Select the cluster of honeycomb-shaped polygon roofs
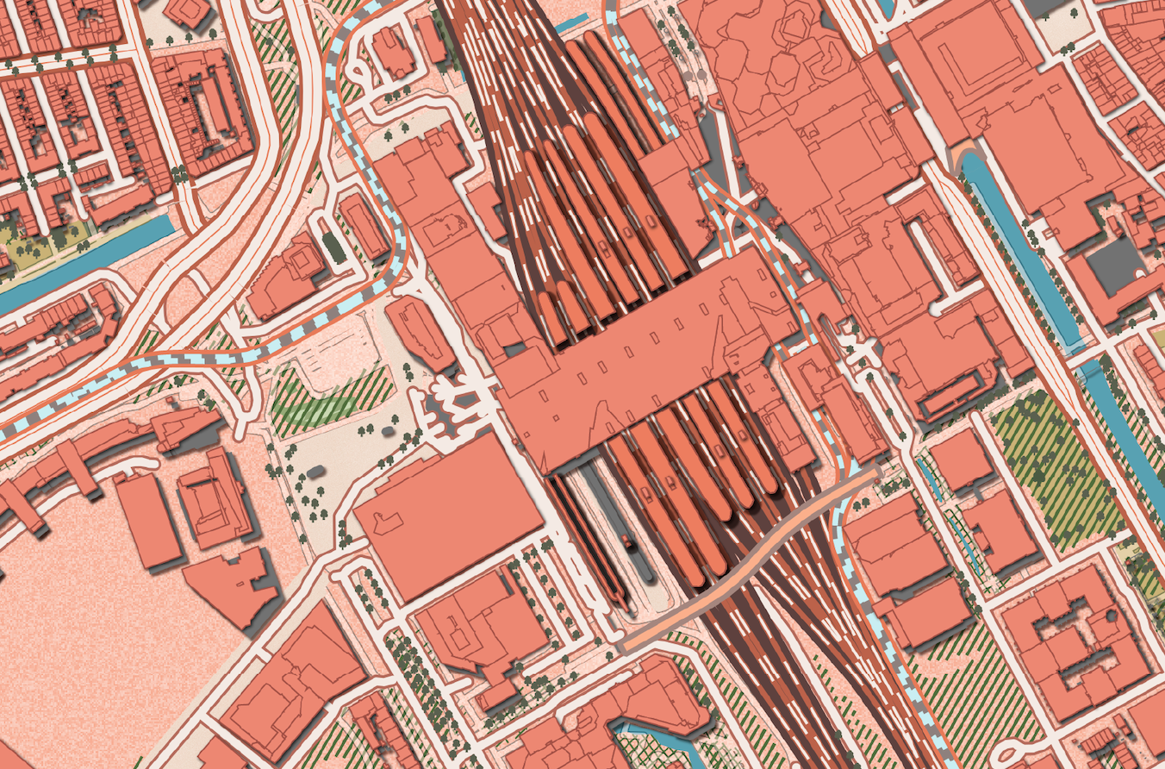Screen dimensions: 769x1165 point(758,60)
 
